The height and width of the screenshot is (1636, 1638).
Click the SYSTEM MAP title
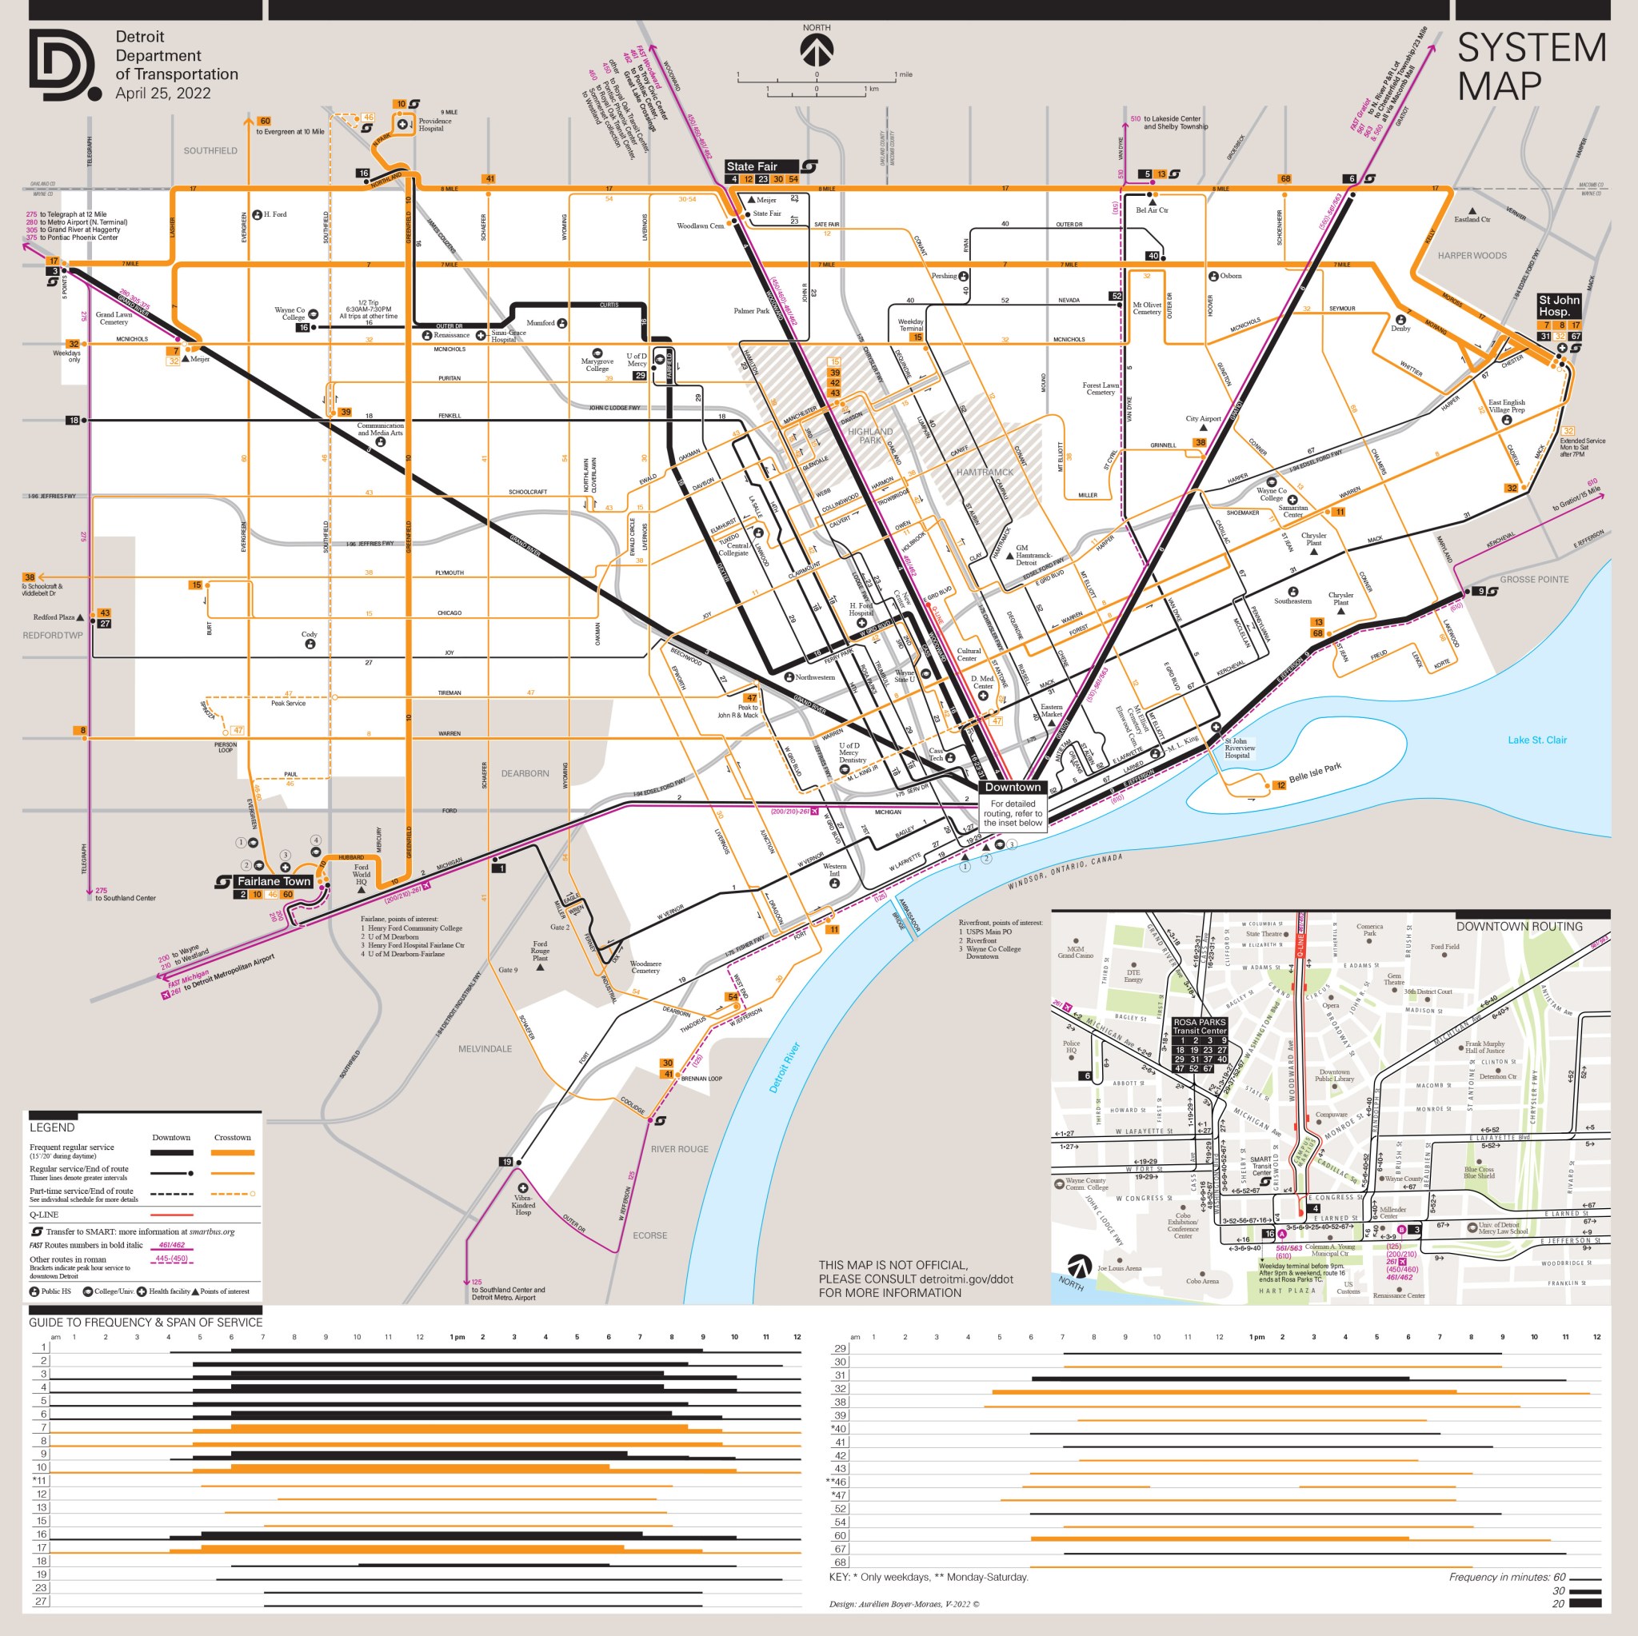[1530, 67]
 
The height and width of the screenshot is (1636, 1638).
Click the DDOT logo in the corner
[65, 66]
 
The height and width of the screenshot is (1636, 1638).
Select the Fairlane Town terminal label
[273, 882]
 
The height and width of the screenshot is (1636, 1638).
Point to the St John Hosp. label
[1558, 305]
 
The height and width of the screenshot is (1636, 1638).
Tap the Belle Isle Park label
[1314, 772]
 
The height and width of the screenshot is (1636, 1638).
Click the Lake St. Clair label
[1536, 740]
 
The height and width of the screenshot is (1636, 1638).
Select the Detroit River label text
[785, 1068]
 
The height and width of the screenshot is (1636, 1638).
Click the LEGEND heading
[52, 1127]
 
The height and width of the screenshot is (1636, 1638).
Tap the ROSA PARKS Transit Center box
[1199, 1027]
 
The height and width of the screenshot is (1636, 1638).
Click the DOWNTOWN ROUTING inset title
[1519, 927]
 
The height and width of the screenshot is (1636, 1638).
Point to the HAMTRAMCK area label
[985, 472]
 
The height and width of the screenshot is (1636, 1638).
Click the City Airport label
[1202, 419]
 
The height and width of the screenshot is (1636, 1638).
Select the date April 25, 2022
[163, 94]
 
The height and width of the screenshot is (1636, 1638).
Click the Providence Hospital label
[434, 125]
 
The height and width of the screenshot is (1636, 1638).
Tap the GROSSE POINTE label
[1534, 580]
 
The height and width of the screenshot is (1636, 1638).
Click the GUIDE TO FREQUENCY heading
[145, 1323]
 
